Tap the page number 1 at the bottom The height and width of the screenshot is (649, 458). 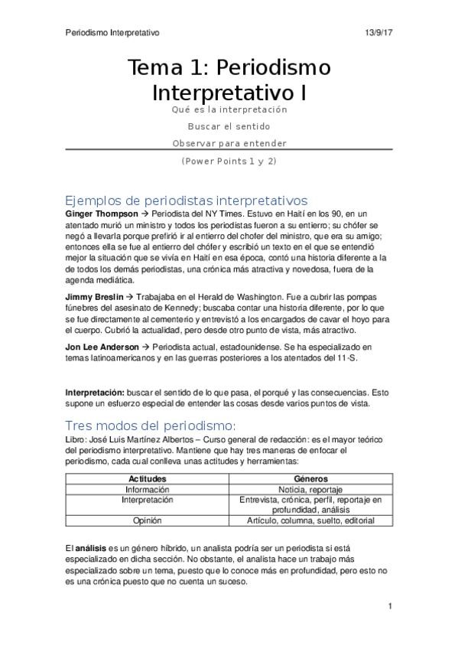coord(390,607)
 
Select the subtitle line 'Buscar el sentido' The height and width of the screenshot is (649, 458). coord(229,126)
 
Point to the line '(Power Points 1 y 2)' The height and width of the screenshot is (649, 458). coord(229,161)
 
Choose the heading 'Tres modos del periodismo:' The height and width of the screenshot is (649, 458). coord(150,425)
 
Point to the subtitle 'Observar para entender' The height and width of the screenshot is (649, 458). coord(229,143)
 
